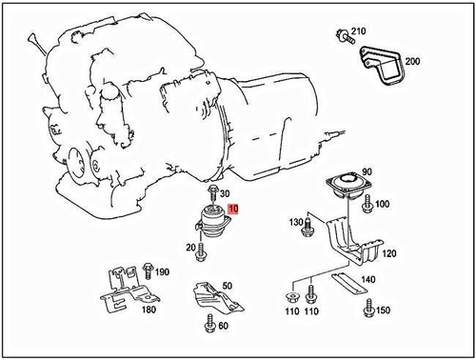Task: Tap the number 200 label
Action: (411, 62)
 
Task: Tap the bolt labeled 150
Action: (368, 310)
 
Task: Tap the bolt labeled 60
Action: (208, 328)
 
